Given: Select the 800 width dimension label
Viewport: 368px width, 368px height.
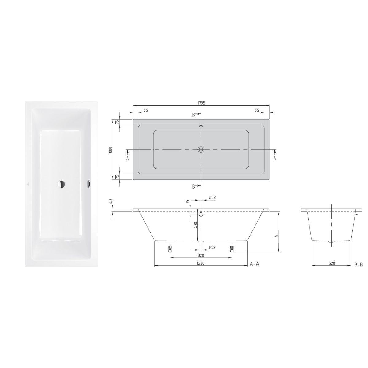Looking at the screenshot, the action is (110, 150).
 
